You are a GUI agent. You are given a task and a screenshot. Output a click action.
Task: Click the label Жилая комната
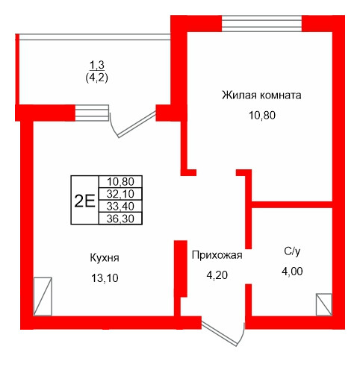[261, 95]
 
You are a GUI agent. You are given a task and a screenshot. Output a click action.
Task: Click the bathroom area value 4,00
[292, 272]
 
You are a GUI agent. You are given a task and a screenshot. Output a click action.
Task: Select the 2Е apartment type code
[84, 200]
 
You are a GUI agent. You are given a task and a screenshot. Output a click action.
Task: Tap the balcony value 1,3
[95, 65]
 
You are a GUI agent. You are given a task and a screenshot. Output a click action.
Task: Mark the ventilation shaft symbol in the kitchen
[43, 297]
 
